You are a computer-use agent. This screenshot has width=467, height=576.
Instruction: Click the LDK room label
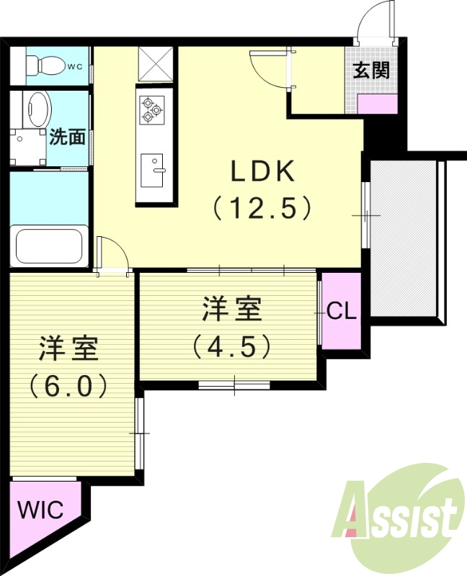click(x=262, y=172)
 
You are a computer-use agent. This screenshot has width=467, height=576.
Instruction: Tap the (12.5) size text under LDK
click(x=262, y=209)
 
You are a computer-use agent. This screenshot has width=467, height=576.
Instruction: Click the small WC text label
click(x=75, y=67)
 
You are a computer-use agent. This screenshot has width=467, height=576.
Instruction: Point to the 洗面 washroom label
click(x=68, y=137)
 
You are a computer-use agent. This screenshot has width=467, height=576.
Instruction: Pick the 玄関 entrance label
click(x=371, y=71)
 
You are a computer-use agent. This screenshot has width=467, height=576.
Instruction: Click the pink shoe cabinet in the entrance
click(x=378, y=102)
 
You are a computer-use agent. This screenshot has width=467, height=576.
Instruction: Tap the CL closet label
click(x=341, y=311)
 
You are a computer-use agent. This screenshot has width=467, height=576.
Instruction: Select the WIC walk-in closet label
click(x=40, y=510)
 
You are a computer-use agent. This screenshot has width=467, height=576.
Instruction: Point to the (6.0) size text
click(x=68, y=386)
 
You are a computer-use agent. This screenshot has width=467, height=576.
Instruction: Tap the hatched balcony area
click(x=404, y=238)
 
